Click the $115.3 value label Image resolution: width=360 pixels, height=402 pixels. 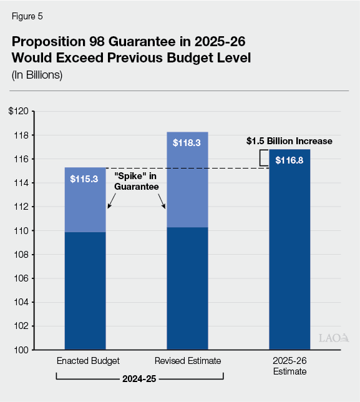coord(85,179)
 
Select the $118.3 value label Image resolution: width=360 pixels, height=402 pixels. coord(187,143)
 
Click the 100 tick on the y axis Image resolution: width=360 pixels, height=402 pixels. coord(21,350)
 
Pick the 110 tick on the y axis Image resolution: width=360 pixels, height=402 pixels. coord(21,231)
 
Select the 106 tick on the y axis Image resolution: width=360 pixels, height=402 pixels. coord(21,278)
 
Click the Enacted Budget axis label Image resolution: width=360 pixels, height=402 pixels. coord(85,361)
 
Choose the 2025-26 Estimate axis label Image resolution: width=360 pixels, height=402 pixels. coord(289,366)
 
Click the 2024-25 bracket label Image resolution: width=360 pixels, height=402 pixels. coord(140,378)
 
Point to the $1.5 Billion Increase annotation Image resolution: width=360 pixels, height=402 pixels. coord(288,142)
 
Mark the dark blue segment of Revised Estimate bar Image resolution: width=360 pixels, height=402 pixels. coord(187,287)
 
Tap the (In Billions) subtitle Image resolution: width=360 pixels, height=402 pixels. coord(37,76)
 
